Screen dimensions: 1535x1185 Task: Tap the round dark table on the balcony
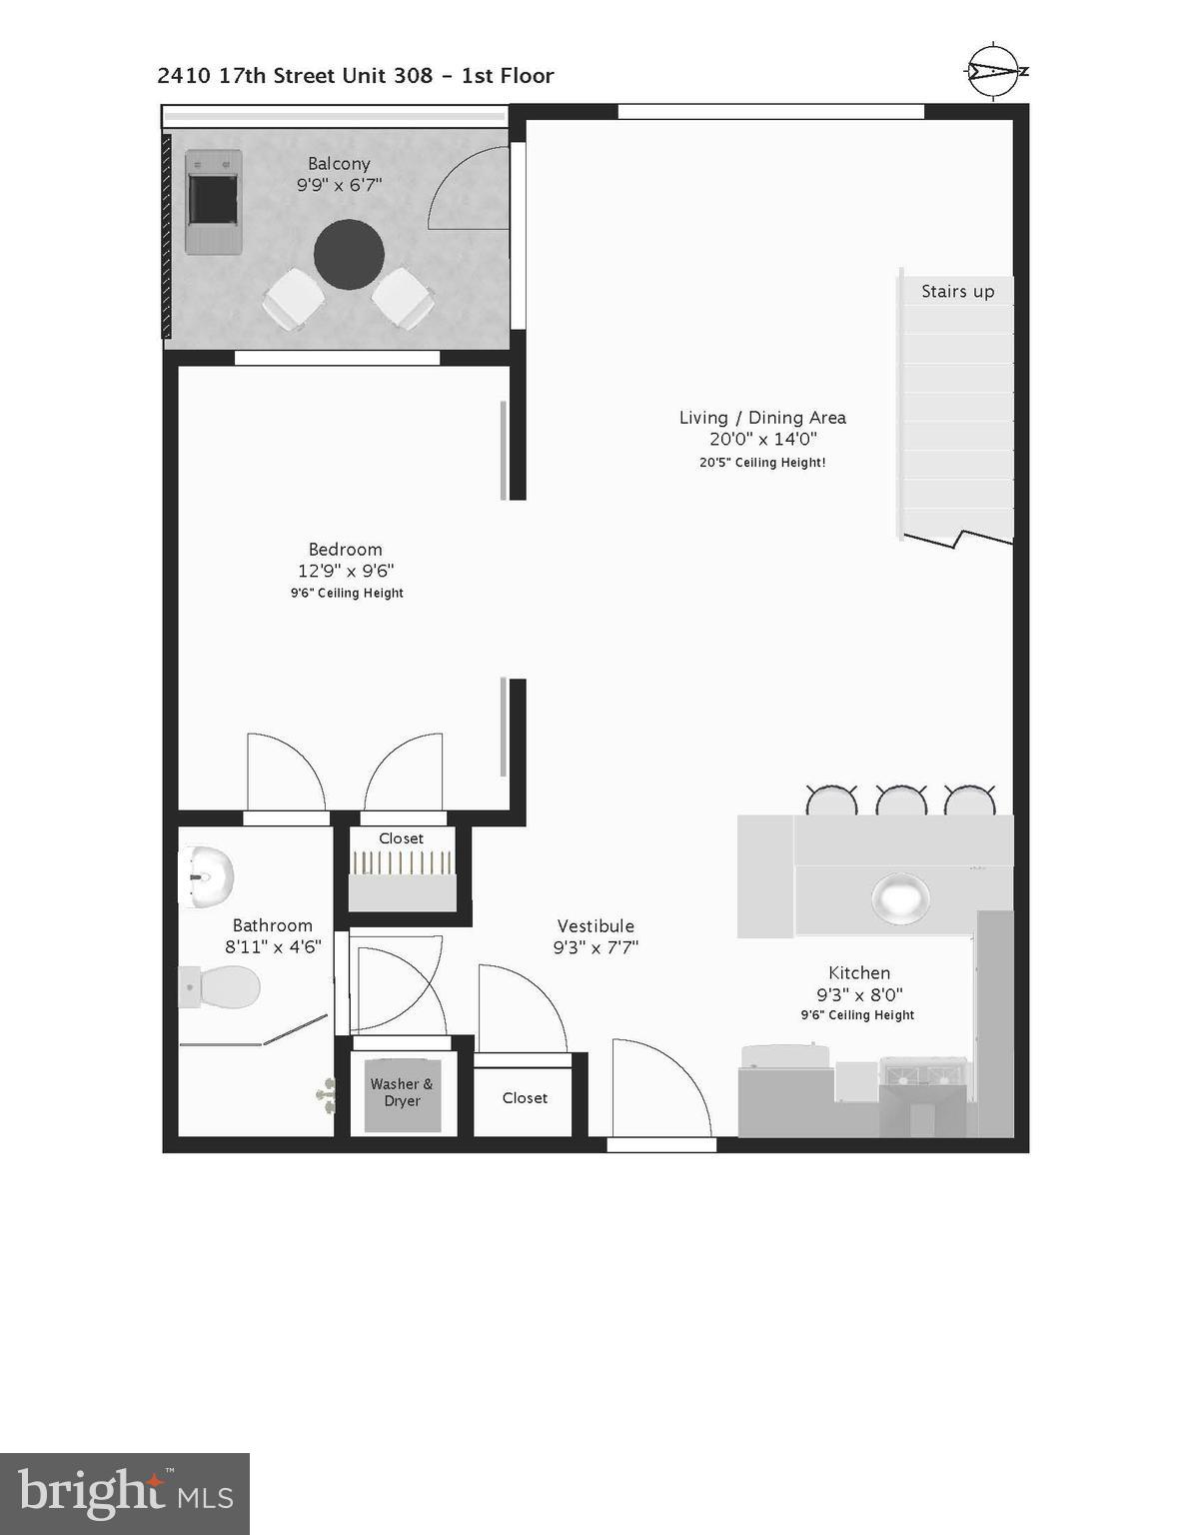click(x=349, y=254)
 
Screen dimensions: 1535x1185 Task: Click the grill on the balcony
click(x=213, y=201)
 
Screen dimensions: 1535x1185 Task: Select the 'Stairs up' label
click(x=957, y=291)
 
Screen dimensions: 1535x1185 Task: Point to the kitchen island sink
click(x=900, y=896)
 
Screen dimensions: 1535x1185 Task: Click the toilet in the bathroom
click(x=221, y=987)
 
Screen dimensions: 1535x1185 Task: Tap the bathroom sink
click(x=207, y=875)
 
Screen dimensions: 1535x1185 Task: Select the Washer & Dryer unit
click(x=402, y=1094)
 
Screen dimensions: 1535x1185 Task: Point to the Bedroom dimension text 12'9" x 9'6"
click(x=346, y=571)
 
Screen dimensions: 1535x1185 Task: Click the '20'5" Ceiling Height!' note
click(x=762, y=463)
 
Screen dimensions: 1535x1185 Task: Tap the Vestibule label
click(x=595, y=925)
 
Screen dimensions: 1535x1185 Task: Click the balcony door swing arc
click(x=467, y=190)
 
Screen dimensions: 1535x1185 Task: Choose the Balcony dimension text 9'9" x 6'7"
click(x=339, y=185)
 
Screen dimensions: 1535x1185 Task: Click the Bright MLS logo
click(x=125, y=1494)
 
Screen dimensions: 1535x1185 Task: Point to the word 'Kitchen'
click(x=859, y=972)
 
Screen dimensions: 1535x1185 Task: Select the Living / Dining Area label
click(x=762, y=418)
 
